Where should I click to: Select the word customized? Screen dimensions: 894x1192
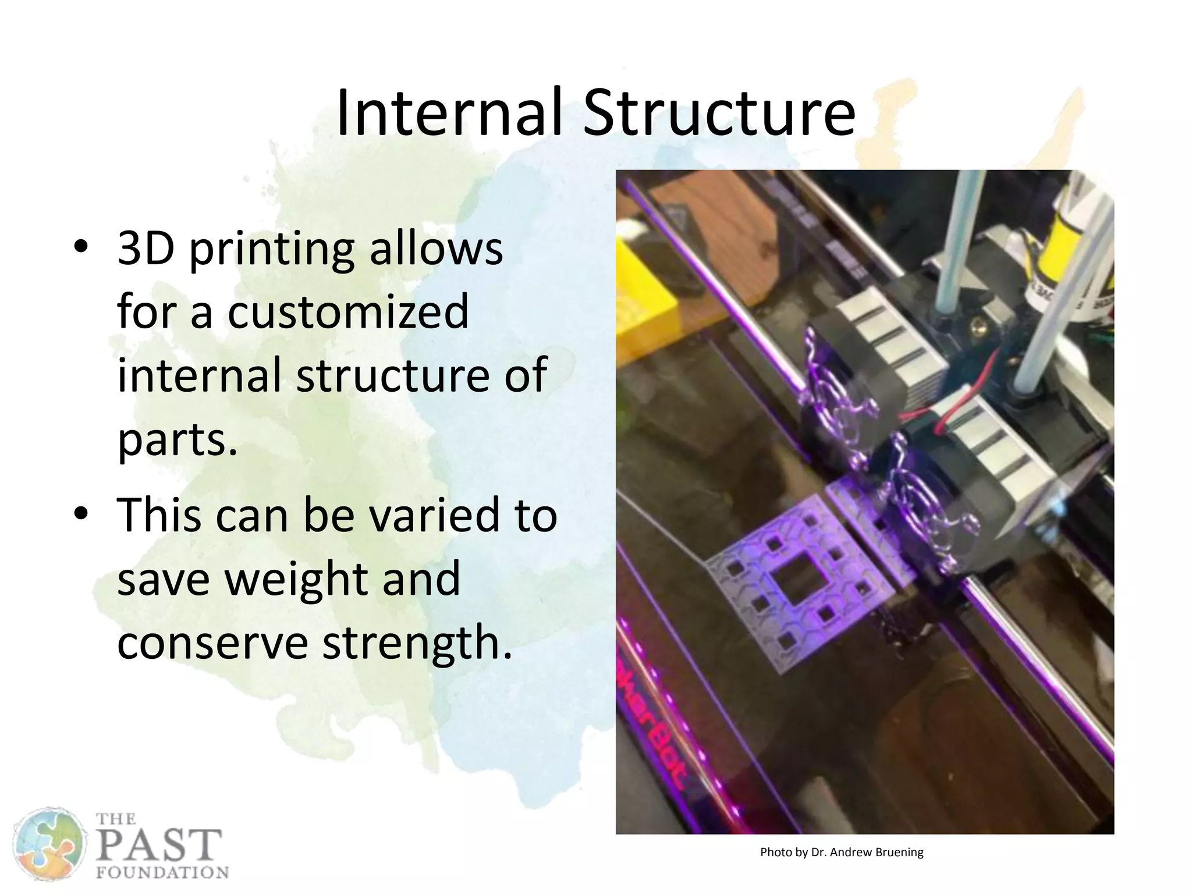[347, 311]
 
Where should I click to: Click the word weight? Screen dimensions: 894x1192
[297, 579]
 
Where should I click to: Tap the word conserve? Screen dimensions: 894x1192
[212, 643]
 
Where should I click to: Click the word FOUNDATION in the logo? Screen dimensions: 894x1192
[162, 873]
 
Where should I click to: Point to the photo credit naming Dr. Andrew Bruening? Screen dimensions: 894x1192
[842, 853]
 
